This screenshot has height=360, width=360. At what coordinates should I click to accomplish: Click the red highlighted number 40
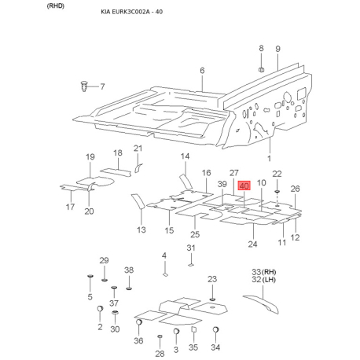click(x=244, y=186)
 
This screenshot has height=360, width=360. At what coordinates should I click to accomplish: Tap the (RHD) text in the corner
click(x=56, y=6)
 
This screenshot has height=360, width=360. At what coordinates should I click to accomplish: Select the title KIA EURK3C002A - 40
click(x=132, y=12)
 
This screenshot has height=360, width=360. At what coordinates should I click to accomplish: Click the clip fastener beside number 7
click(x=83, y=86)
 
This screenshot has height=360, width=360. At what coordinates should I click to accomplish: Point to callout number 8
click(x=261, y=48)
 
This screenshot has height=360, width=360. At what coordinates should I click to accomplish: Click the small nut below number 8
click(x=261, y=69)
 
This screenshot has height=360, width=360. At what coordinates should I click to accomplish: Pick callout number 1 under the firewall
click(x=269, y=158)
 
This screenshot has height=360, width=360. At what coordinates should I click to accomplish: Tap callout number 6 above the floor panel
click(x=202, y=71)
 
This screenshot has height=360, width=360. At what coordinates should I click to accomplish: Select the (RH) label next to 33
click(x=269, y=272)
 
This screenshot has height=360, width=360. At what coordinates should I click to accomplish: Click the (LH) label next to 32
click(x=269, y=280)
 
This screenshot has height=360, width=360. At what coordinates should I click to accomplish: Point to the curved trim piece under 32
click(x=261, y=303)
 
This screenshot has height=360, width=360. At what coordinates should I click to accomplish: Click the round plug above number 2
click(x=100, y=308)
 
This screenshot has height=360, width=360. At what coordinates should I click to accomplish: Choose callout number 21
click(x=138, y=149)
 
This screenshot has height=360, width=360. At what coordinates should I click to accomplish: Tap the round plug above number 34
click(x=216, y=329)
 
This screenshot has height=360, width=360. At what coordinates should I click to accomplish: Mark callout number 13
click(x=141, y=230)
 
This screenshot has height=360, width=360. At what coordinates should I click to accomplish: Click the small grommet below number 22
click(x=277, y=192)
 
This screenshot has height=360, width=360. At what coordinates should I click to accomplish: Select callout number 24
click(x=252, y=244)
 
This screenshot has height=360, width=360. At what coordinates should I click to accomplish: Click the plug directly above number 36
click(x=139, y=322)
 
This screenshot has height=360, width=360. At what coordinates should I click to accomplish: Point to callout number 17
click(x=70, y=207)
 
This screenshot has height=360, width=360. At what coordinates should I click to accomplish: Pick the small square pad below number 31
click(x=191, y=265)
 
